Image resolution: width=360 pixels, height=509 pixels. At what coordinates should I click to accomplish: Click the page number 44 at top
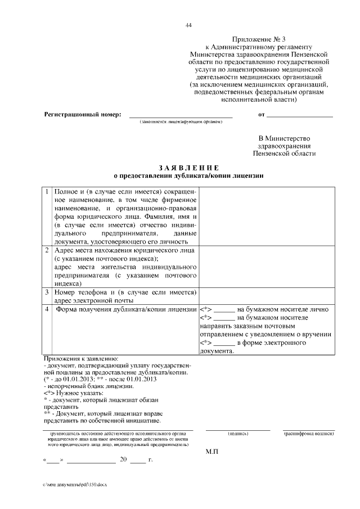[188, 25]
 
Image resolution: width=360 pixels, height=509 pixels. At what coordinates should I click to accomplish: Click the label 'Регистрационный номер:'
[83, 114]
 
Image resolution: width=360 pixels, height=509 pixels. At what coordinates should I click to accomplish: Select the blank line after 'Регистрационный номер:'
[181, 115]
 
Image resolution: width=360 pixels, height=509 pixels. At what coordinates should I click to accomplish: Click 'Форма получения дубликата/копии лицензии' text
[125, 309]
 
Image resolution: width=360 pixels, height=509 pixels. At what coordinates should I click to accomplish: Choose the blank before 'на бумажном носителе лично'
[224, 310]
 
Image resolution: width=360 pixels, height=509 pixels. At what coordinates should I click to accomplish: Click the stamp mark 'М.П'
[211, 452]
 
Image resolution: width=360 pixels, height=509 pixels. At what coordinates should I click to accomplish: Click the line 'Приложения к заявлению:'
[80, 358]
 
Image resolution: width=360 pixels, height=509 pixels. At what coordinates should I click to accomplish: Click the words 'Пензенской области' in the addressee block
[284, 153]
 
